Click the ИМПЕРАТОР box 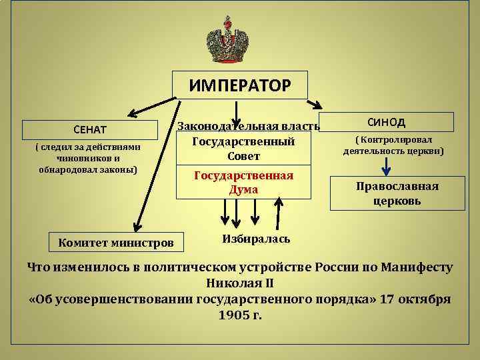coord(240,85)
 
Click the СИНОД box coord(387,122)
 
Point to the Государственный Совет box coord(243,149)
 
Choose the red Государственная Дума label coord(243,182)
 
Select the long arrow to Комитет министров coord(157,167)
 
